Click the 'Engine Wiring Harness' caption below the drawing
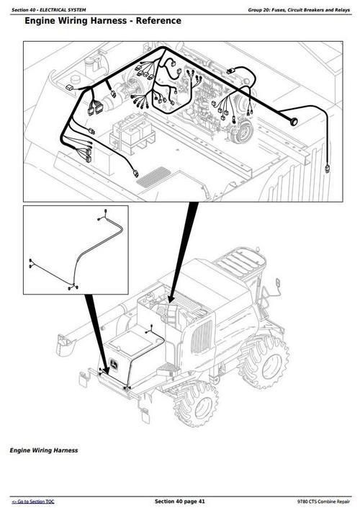coord(43,450)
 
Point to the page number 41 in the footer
coord(200,501)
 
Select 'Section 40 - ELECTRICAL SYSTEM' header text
coord(48,9)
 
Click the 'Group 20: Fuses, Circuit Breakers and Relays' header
coord(298,9)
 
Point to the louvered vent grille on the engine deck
coord(153,175)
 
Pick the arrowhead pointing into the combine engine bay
coord(171,295)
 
